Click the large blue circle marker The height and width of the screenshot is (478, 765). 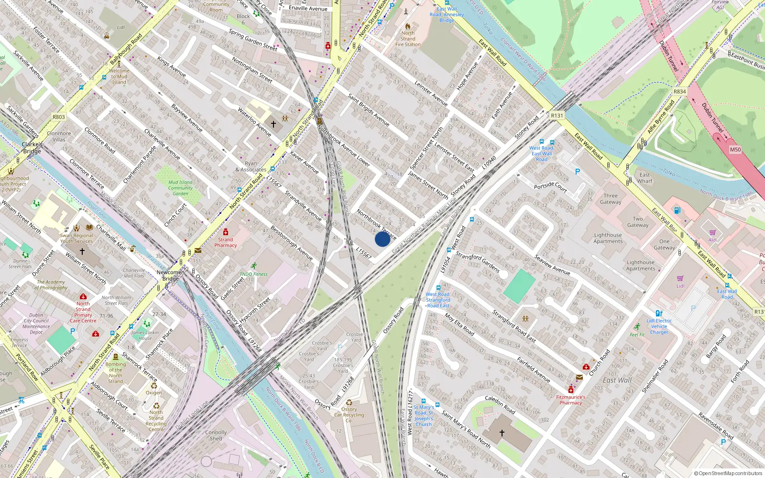(x=382, y=239)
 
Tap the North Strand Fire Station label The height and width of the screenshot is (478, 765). (x=408, y=39)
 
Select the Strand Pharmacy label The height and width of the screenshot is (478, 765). (x=225, y=242)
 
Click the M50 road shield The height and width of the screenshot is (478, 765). (x=735, y=150)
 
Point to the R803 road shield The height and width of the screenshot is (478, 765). (x=58, y=117)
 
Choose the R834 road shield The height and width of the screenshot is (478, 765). (x=679, y=91)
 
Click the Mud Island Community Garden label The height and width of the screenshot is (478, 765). (x=180, y=188)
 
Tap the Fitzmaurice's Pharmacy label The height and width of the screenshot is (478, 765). (x=570, y=400)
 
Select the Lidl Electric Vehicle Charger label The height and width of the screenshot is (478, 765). (x=659, y=326)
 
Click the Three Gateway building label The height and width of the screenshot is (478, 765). (x=611, y=199)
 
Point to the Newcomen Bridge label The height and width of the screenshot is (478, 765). (x=170, y=275)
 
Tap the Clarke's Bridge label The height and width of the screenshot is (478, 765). (x=32, y=148)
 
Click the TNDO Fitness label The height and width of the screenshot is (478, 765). (x=253, y=274)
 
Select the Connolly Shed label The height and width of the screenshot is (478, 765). (x=216, y=435)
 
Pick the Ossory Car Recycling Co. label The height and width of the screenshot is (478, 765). (x=349, y=415)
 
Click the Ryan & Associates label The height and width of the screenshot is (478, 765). (x=251, y=166)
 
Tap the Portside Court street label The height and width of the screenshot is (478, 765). (x=550, y=187)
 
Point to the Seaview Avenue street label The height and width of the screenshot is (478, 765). (x=552, y=265)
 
